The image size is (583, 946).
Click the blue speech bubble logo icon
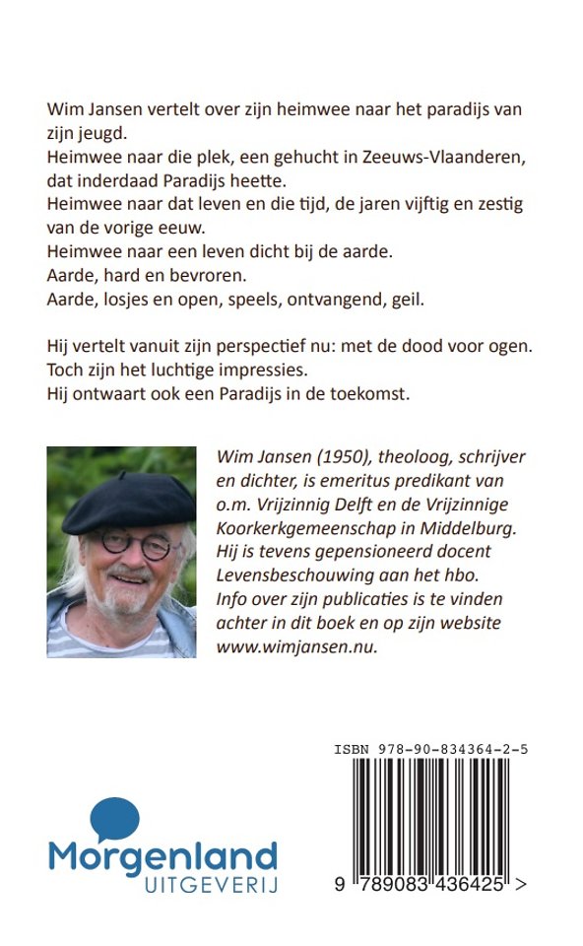pos(113,820)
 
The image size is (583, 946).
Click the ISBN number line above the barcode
pos(429,750)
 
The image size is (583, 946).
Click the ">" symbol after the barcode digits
pos(520,886)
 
